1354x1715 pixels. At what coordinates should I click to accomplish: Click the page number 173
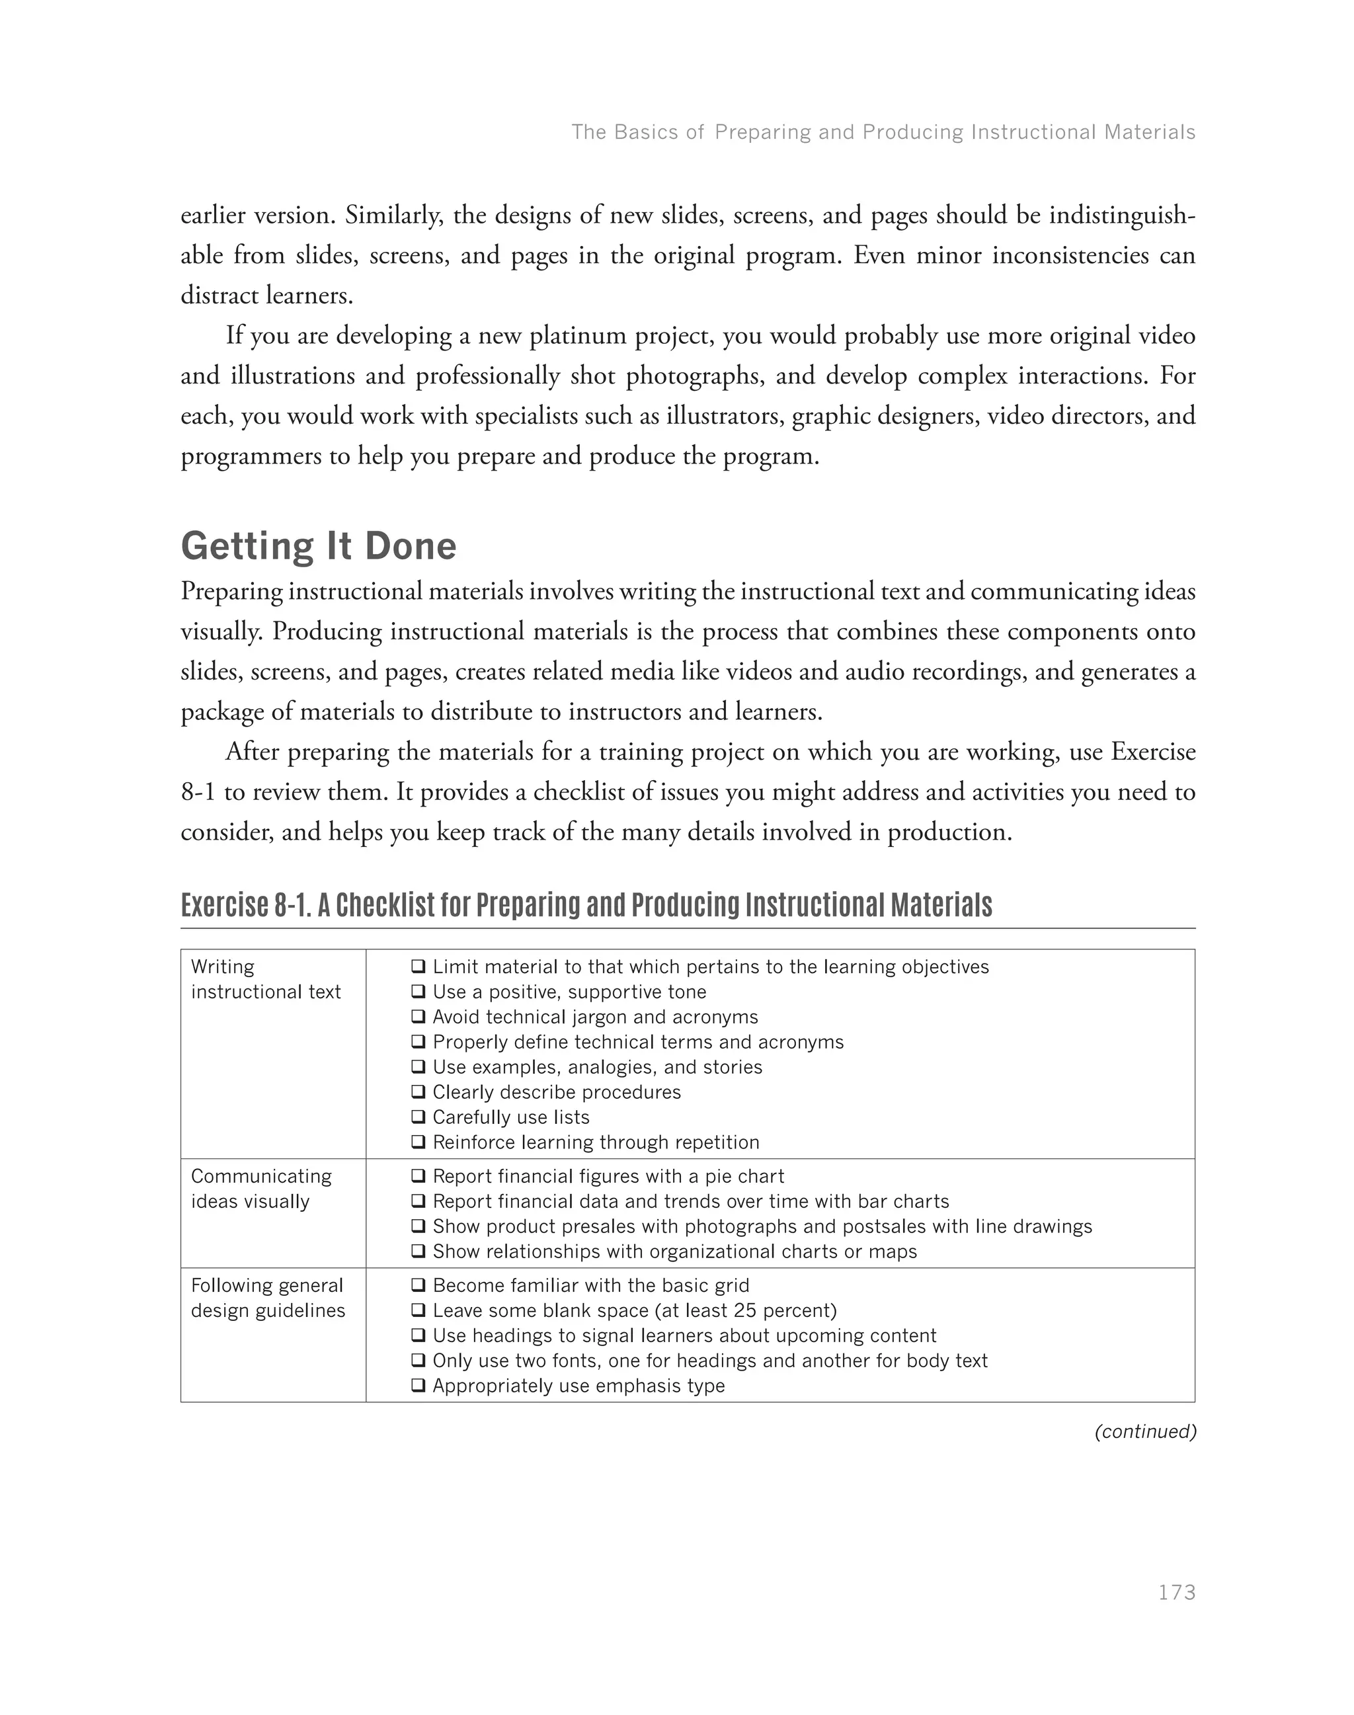[1176, 1593]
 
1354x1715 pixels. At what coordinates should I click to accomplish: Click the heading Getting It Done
[319, 546]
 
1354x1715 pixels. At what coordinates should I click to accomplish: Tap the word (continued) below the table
[1144, 1431]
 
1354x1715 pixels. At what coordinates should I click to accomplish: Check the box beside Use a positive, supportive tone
[418, 992]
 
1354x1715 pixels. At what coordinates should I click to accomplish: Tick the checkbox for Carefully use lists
[418, 1117]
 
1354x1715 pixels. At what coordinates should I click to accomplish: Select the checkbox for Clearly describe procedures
[418, 1092]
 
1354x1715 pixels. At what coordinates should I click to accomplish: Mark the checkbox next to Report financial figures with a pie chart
[418, 1177]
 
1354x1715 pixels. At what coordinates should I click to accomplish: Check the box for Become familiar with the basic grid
[418, 1285]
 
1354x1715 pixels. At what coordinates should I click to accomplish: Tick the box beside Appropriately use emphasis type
[418, 1386]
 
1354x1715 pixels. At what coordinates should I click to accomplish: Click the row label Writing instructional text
[266, 979]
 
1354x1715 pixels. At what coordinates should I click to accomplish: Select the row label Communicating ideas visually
[260, 1189]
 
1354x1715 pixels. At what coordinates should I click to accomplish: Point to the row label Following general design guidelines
[267, 1298]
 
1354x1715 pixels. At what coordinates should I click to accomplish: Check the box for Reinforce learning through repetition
[418, 1142]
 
